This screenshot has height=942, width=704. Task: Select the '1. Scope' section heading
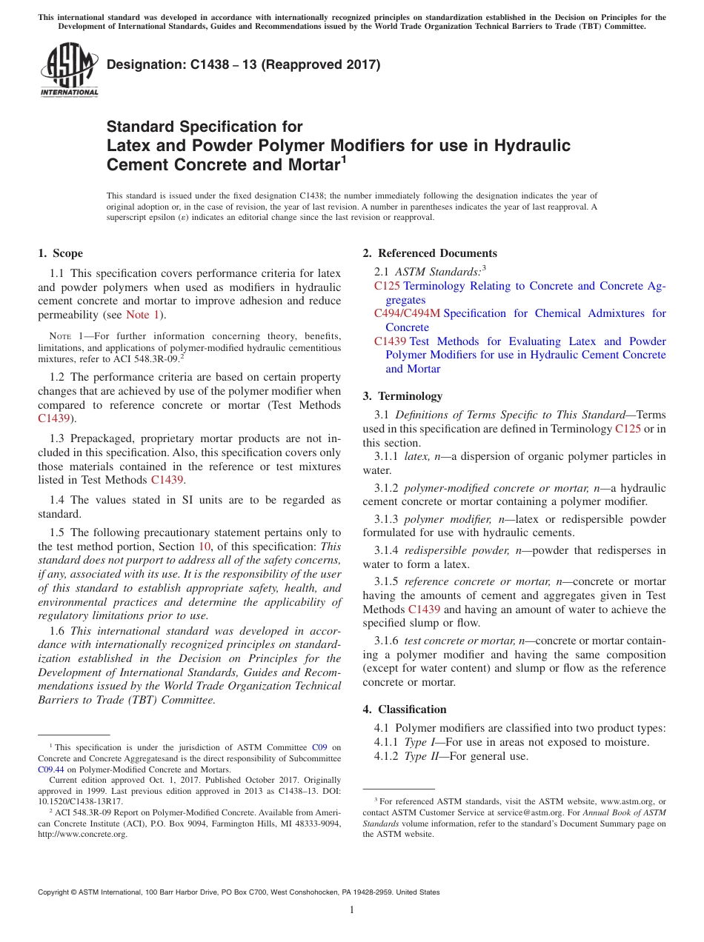pyautogui.click(x=61, y=253)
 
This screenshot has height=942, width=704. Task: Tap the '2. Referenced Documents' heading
pyautogui.click(x=430, y=253)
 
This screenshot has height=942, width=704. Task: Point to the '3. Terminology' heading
pyautogui.click(x=402, y=396)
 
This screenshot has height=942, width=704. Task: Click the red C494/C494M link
pyautogui.click(x=407, y=313)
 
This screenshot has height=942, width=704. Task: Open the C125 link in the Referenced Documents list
pyautogui.click(x=387, y=286)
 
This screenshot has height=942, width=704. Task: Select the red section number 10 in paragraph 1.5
pyautogui.click(x=204, y=547)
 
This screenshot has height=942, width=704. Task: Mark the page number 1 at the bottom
pyautogui.click(x=352, y=910)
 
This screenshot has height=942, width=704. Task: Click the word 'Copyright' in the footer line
pyautogui.click(x=56, y=892)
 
